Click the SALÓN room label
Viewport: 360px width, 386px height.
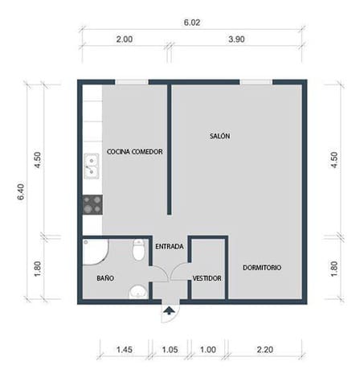coord(219,136)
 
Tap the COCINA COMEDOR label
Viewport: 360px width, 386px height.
coord(134,151)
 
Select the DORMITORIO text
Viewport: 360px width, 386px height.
coord(261,267)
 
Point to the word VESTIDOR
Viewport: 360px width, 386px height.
coord(207,278)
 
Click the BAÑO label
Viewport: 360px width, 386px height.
coord(104,278)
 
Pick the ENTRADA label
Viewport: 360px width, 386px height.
coord(169,246)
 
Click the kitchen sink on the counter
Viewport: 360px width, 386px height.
coord(92,166)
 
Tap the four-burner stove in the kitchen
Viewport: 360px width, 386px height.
coord(92,204)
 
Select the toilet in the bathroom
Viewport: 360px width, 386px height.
coord(138,253)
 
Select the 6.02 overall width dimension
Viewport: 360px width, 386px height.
coord(191,23)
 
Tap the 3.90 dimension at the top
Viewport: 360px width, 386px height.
coord(237,39)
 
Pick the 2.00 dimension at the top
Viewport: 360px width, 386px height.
coord(125,39)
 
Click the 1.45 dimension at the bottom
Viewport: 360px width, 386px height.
coord(125,351)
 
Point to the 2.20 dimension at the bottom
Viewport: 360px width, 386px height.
coord(265,351)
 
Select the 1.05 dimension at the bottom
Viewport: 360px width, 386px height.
coord(169,351)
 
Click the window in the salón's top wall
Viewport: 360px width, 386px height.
coord(256,80)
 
